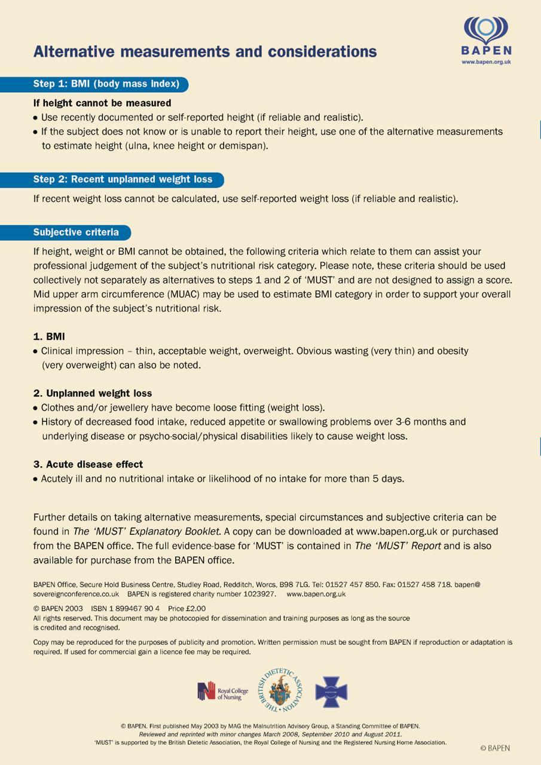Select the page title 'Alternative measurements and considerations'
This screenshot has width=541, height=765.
coord(205,52)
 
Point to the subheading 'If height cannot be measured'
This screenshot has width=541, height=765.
coord(102,103)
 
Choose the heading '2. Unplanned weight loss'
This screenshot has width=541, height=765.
coord(93,393)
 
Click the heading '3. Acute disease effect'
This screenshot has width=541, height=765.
coord(88,464)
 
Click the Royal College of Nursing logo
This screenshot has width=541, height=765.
coord(222,691)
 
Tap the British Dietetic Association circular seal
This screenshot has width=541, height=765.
coord(280,691)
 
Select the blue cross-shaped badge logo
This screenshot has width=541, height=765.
coord(331,691)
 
